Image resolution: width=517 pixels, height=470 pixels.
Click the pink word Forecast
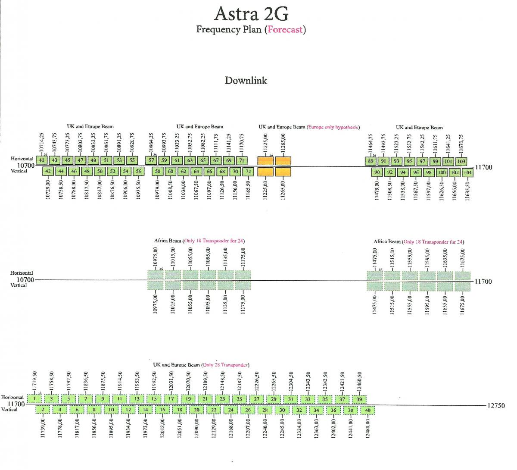pyautogui.click(x=285, y=30)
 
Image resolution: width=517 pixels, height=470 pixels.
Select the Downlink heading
pyautogui.click(x=246, y=81)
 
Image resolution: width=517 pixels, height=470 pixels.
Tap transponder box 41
pyautogui.click(x=41, y=160)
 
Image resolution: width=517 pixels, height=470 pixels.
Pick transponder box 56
pyautogui.click(x=138, y=171)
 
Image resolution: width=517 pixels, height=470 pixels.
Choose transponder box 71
pyautogui.click(x=242, y=160)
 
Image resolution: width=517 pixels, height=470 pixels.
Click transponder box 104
pyautogui.click(x=467, y=172)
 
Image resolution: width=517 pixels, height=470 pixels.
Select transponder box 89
pyautogui.click(x=371, y=161)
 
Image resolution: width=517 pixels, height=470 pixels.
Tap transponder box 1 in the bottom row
pyautogui.click(x=34, y=399)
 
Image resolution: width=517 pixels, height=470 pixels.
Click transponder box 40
pyautogui.click(x=368, y=410)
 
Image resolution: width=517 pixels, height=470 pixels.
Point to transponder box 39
pyautogui.click(x=359, y=399)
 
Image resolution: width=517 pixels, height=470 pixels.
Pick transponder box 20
pyautogui.click(x=196, y=410)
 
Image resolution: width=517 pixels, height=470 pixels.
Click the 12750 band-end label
pyautogui.click(x=496, y=405)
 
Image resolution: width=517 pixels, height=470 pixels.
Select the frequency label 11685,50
pyautogui.click(x=467, y=190)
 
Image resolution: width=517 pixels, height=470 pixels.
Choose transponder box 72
pyautogui.click(x=248, y=171)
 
